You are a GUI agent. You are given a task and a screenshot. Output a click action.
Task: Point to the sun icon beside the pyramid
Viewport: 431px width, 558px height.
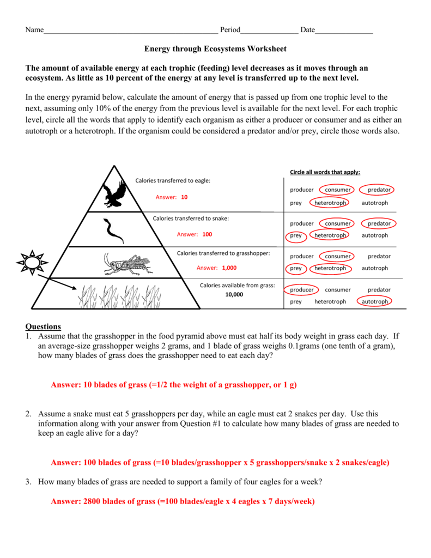pyautogui.click(x=32, y=263)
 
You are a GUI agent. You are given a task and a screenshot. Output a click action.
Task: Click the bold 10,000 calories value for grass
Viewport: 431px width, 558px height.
pyautogui.click(x=234, y=295)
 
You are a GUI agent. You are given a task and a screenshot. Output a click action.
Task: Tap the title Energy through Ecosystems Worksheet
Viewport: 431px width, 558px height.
pyautogui.click(x=215, y=49)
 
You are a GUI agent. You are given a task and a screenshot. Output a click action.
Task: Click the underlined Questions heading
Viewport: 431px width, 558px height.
pyautogui.click(x=43, y=326)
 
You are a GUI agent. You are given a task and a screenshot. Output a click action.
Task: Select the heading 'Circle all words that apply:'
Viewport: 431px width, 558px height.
pyautogui.click(x=325, y=172)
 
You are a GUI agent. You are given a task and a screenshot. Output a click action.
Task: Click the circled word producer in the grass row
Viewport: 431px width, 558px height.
pyautogui.click(x=302, y=290)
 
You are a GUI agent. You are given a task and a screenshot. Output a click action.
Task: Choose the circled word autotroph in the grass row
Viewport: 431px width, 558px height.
pyautogui.click(x=375, y=301)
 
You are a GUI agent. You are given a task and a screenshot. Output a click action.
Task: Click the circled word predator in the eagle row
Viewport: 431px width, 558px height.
pyautogui.click(x=379, y=190)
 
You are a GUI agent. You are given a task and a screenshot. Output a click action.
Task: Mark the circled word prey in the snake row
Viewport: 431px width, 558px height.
pyautogui.click(x=296, y=236)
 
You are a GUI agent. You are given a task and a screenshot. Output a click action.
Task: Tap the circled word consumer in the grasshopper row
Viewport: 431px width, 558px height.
pyautogui.click(x=338, y=256)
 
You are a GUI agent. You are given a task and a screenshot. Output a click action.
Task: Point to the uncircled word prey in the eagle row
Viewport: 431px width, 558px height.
pyautogui.click(x=296, y=203)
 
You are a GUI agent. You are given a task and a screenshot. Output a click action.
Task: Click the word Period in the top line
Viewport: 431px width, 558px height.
pyautogui.click(x=229, y=30)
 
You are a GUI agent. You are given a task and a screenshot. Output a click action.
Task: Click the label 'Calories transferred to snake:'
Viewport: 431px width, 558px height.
pyautogui.click(x=191, y=218)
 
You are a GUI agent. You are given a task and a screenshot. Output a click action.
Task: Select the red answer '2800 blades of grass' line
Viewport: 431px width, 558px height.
pyautogui.click(x=183, y=501)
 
